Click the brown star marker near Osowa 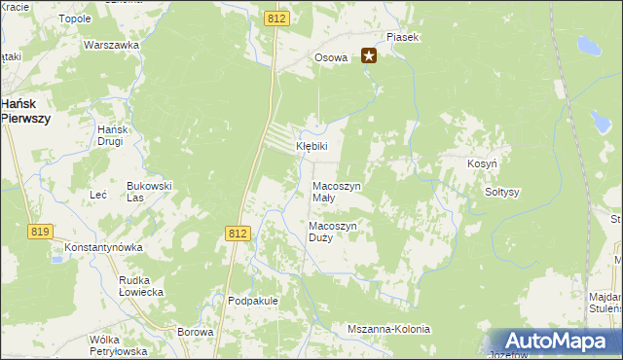click(369, 56)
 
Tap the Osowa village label click(330, 58)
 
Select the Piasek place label click(402, 37)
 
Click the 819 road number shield click(40, 231)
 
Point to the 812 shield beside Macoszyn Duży click(238, 234)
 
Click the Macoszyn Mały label click(336, 192)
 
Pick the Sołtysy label click(502, 193)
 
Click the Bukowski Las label click(149, 191)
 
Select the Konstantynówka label click(104, 248)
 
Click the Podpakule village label click(253, 302)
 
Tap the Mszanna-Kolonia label click(388, 329)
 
